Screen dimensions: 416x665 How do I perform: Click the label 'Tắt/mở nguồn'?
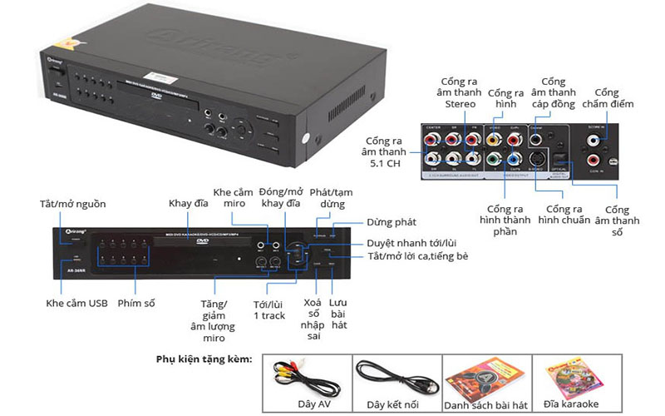pos(72,204)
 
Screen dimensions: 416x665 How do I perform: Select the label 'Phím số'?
pos(137,303)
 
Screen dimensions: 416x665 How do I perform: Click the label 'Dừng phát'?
pos(392,222)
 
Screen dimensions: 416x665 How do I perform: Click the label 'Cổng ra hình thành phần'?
pos(503,217)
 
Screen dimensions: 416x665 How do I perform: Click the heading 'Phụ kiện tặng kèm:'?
pos(204,359)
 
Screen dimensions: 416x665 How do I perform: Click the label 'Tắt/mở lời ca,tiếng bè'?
pos(417,255)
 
